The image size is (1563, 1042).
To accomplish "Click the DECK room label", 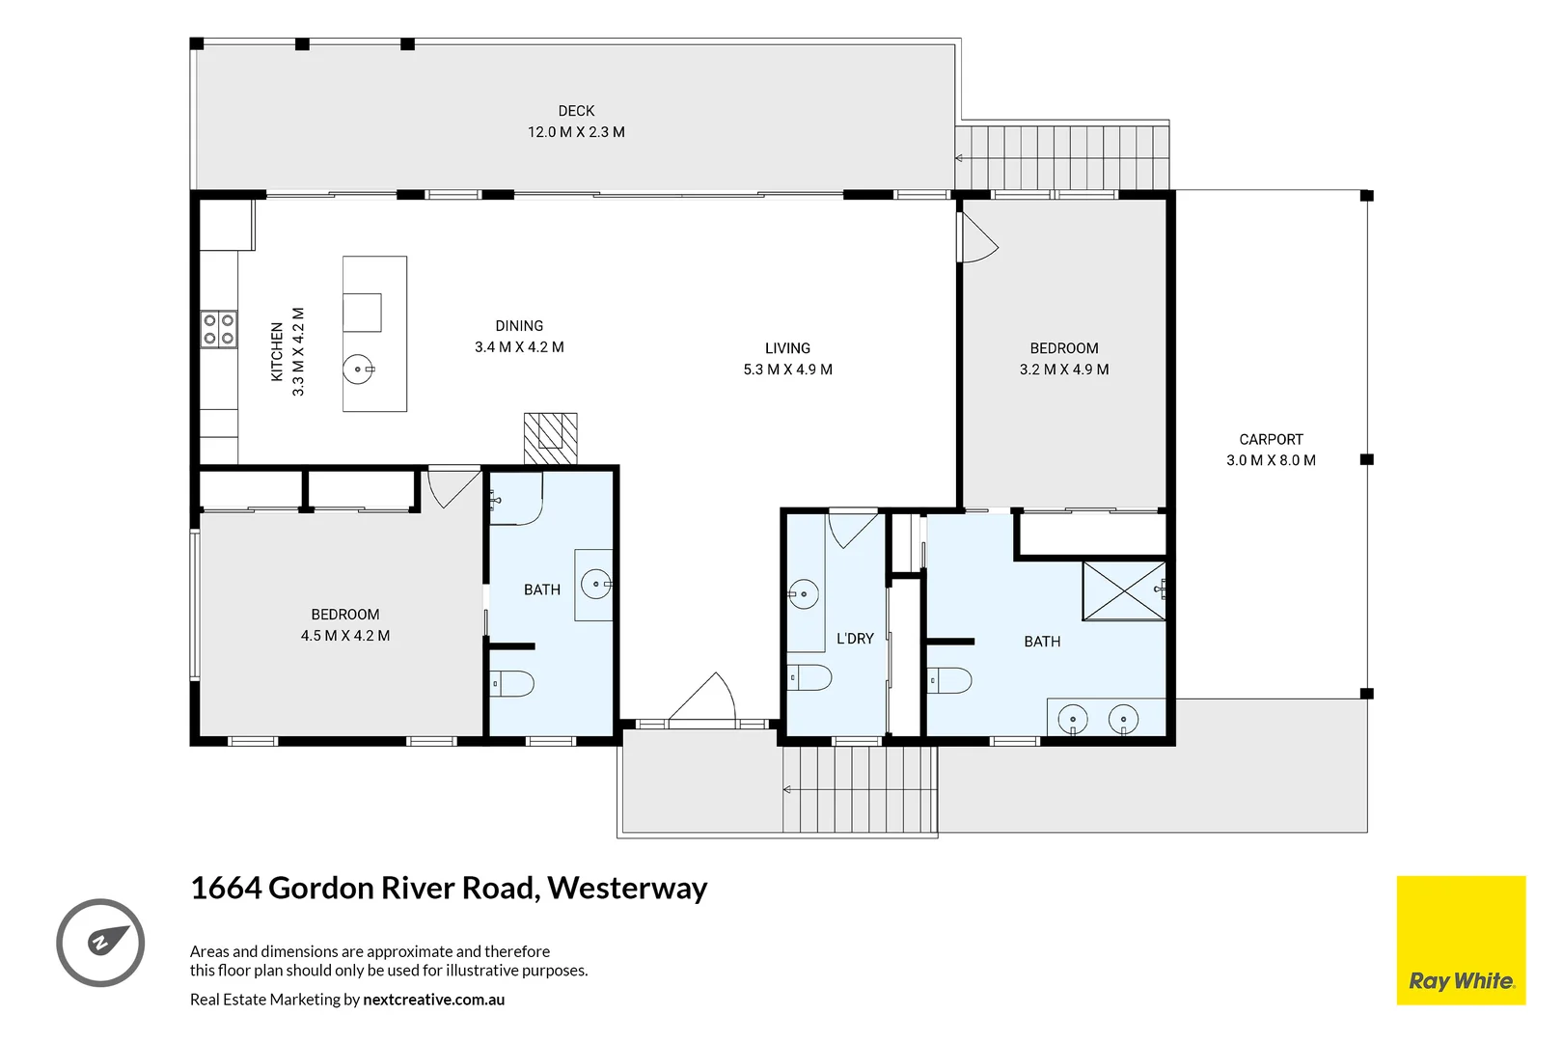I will click(576, 111).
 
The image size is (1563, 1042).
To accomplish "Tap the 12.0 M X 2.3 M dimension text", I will click(576, 132).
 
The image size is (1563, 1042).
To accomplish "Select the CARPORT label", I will click(1271, 439).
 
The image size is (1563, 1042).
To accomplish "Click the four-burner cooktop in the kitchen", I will click(219, 329).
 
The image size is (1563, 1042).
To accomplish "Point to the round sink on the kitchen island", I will click(358, 370).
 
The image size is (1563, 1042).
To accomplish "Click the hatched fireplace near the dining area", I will click(551, 439).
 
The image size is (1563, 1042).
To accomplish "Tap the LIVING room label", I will click(787, 348).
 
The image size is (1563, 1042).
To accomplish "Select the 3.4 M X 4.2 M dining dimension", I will click(519, 347).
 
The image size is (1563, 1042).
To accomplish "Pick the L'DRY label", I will click(855, 639).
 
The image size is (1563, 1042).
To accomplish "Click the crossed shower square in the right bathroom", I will click(1124, 590).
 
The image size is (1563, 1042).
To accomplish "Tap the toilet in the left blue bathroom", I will click(513, 684).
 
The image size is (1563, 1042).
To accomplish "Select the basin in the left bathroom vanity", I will click(595, 584).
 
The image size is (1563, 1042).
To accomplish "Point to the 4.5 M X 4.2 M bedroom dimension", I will click(345, 636).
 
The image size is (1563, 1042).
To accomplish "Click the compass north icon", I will click(100, 943).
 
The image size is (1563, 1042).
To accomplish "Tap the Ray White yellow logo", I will click(1461, 941).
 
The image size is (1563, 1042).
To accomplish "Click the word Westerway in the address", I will click(627, 888).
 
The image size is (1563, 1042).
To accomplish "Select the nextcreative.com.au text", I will click(433, 1000).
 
